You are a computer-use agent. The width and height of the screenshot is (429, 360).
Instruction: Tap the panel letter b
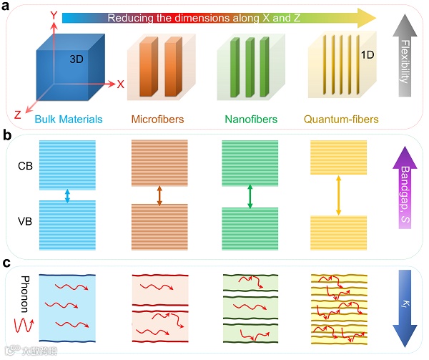tap(8, 134)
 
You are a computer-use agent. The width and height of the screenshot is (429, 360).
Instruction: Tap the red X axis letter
tap(121, 84)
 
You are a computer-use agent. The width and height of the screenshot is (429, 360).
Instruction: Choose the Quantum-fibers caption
tap(340, 119)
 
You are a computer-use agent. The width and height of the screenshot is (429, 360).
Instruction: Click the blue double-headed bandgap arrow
tap(66, 195)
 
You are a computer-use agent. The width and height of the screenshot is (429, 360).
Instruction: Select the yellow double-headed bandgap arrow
tap(337, 195)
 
